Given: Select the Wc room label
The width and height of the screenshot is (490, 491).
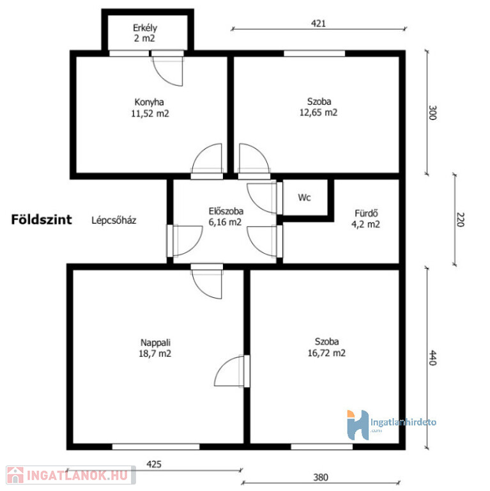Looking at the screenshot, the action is click(305, 198).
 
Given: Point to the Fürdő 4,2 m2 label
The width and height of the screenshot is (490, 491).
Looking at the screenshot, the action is click(366, 219).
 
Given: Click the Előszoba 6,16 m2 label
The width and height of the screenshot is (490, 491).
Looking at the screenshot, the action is click(226, 216).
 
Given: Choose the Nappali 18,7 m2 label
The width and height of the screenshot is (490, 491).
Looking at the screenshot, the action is click(155, 348).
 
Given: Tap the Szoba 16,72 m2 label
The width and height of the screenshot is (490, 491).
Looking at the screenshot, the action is click(326, 347).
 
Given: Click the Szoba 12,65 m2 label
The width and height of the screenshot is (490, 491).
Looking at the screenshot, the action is click(319, 107).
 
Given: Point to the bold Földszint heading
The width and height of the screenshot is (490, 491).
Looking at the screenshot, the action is click(42, 219).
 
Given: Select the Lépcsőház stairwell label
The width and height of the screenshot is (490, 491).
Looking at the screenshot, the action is click(114, 221).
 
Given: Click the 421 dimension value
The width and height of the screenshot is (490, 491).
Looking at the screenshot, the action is click(318, 24).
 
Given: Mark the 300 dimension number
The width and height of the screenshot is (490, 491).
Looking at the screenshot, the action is click(433, 113).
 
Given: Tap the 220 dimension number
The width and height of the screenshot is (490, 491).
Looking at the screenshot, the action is click(461, 219).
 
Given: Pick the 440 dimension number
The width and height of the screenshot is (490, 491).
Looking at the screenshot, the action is click(433, 357).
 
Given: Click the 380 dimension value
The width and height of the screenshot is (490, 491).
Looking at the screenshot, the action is click(321, 477).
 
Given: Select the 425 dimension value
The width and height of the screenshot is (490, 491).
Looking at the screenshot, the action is click(154, 464).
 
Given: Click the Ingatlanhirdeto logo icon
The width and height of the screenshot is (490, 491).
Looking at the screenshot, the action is click(358, 425).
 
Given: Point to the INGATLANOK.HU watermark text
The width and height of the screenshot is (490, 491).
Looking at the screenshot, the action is click(77, 476).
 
